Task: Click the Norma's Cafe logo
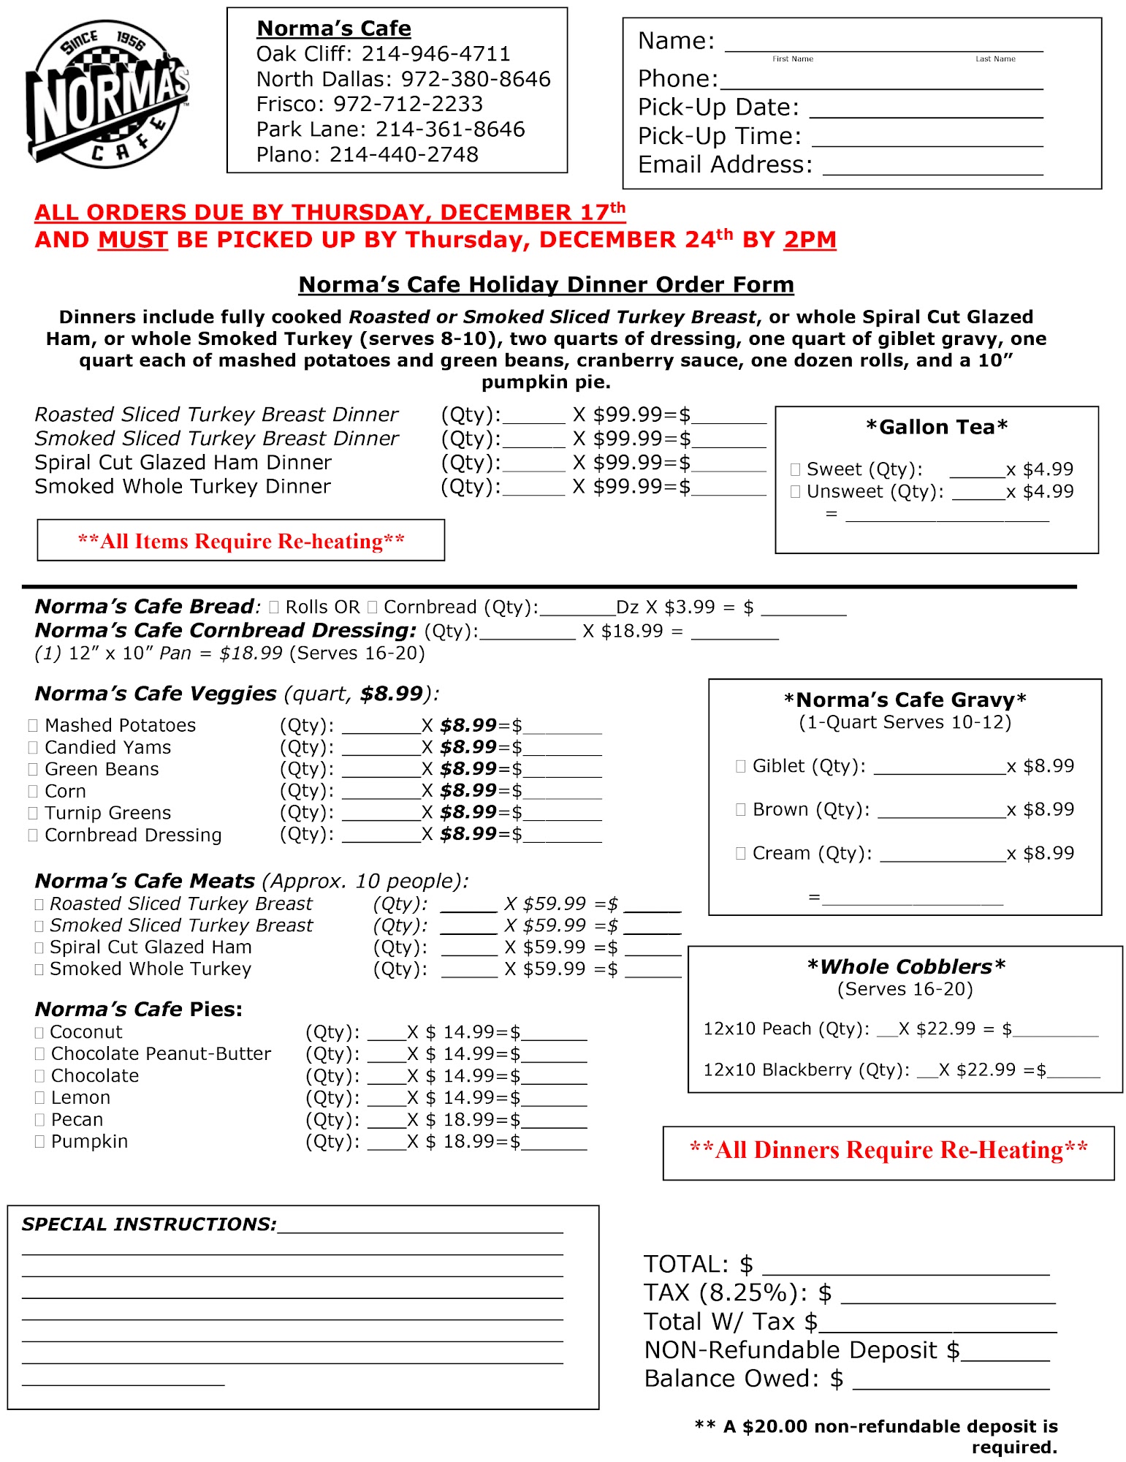click(108, 94)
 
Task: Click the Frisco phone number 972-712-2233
click(408, 104)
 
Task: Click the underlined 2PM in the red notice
click(810, 240)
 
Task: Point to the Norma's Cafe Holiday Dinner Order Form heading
click(546, 284)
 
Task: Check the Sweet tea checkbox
click(796, 469)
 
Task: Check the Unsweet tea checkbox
click(796, 492)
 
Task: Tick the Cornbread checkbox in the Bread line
click(373, 607)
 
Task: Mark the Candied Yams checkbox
click(33, 747)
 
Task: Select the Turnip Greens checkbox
click(33, 813)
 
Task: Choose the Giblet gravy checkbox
click(741, 766)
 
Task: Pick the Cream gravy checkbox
click(741, 853)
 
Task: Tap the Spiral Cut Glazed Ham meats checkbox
click(39, 947)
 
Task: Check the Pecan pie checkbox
click(39, 1120)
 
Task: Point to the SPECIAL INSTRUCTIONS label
click(149, 1224)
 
